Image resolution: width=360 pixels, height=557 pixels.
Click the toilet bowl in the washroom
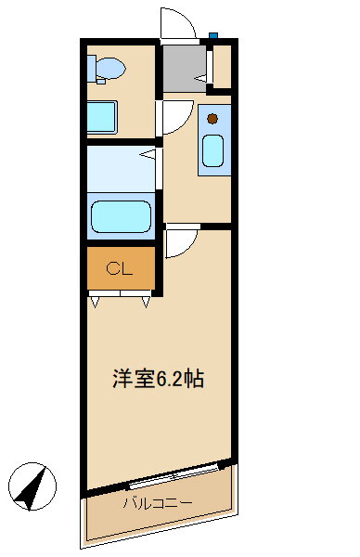pos(110,68)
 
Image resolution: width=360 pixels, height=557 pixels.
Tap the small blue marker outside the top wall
pos(213,35)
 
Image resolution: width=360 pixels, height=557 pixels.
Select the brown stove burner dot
pos(212,119)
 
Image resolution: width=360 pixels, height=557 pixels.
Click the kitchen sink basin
pos(212,151)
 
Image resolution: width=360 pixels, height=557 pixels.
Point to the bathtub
pos(121,216)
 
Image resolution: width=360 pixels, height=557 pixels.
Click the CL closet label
pos(119,269)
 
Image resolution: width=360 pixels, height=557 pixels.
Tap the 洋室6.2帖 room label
pos(159,379)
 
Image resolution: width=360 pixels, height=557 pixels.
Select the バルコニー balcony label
pos(158,502)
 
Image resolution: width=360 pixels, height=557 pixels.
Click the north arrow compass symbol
pos(32,486)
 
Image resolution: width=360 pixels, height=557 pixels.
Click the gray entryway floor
pos(185,68)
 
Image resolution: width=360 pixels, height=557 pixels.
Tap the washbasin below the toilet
pos(102,117)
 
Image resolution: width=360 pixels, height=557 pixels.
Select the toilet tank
pos(92,69)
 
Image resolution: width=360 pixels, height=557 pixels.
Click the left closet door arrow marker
pos(95,303)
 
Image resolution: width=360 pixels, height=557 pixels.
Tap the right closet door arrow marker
pos(146,303)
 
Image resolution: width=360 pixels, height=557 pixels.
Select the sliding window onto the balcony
pos(174,475)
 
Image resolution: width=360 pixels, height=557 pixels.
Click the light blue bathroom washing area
pos(121,170)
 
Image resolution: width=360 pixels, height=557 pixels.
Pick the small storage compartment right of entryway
pos(223,67)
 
